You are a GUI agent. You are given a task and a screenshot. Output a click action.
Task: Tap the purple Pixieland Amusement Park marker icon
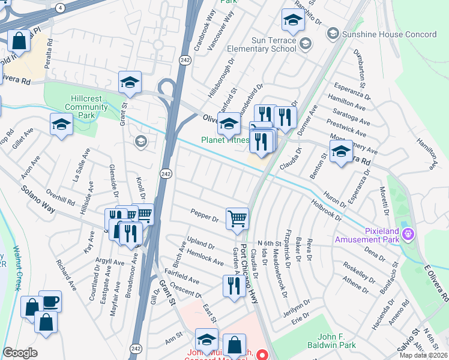(x=409, y=233)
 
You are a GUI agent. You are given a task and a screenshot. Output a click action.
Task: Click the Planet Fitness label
(x=224, y=140)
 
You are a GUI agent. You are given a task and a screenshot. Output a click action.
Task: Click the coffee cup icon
(x=50, y=301)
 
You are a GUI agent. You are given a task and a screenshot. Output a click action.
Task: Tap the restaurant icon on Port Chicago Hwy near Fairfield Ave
(x=232, y=285)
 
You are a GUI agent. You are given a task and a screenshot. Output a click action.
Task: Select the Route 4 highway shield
(x=61, y=8)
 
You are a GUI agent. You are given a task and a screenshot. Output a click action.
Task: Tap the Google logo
(x=20, y=353)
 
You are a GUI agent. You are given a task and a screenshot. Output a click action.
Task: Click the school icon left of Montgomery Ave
(x=341, y=152)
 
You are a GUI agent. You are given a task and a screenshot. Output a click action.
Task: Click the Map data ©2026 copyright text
(x=423, y=355)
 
